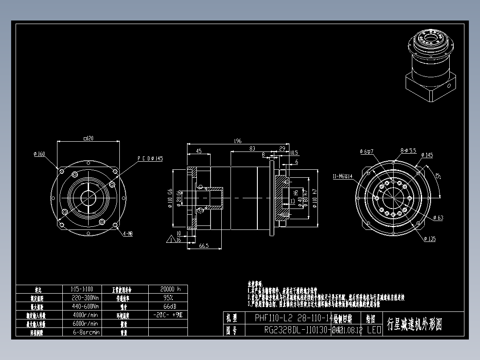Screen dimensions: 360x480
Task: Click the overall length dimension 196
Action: (237, 141)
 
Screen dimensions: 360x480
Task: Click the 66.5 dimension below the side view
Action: (204, 245)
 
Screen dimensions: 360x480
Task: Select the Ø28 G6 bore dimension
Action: (179, 198)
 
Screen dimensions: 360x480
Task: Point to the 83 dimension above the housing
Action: (252, 148)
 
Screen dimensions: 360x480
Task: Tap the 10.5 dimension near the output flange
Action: (294, 152)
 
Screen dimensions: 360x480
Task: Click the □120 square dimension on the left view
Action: (88, 139)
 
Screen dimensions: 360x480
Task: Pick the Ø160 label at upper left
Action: (39, 154)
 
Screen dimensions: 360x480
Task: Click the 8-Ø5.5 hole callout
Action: (408, 151)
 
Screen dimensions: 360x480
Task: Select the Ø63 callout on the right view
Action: (438, 218)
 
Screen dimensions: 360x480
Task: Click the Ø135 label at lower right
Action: (430, 239)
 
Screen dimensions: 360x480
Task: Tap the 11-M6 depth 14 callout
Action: (342, 176)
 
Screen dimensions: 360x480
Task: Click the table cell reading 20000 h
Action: (168, 289)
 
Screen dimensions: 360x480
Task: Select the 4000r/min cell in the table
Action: (85, 315)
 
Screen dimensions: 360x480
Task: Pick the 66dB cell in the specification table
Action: (168, 306)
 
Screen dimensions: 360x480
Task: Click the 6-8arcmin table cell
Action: (85, 332)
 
